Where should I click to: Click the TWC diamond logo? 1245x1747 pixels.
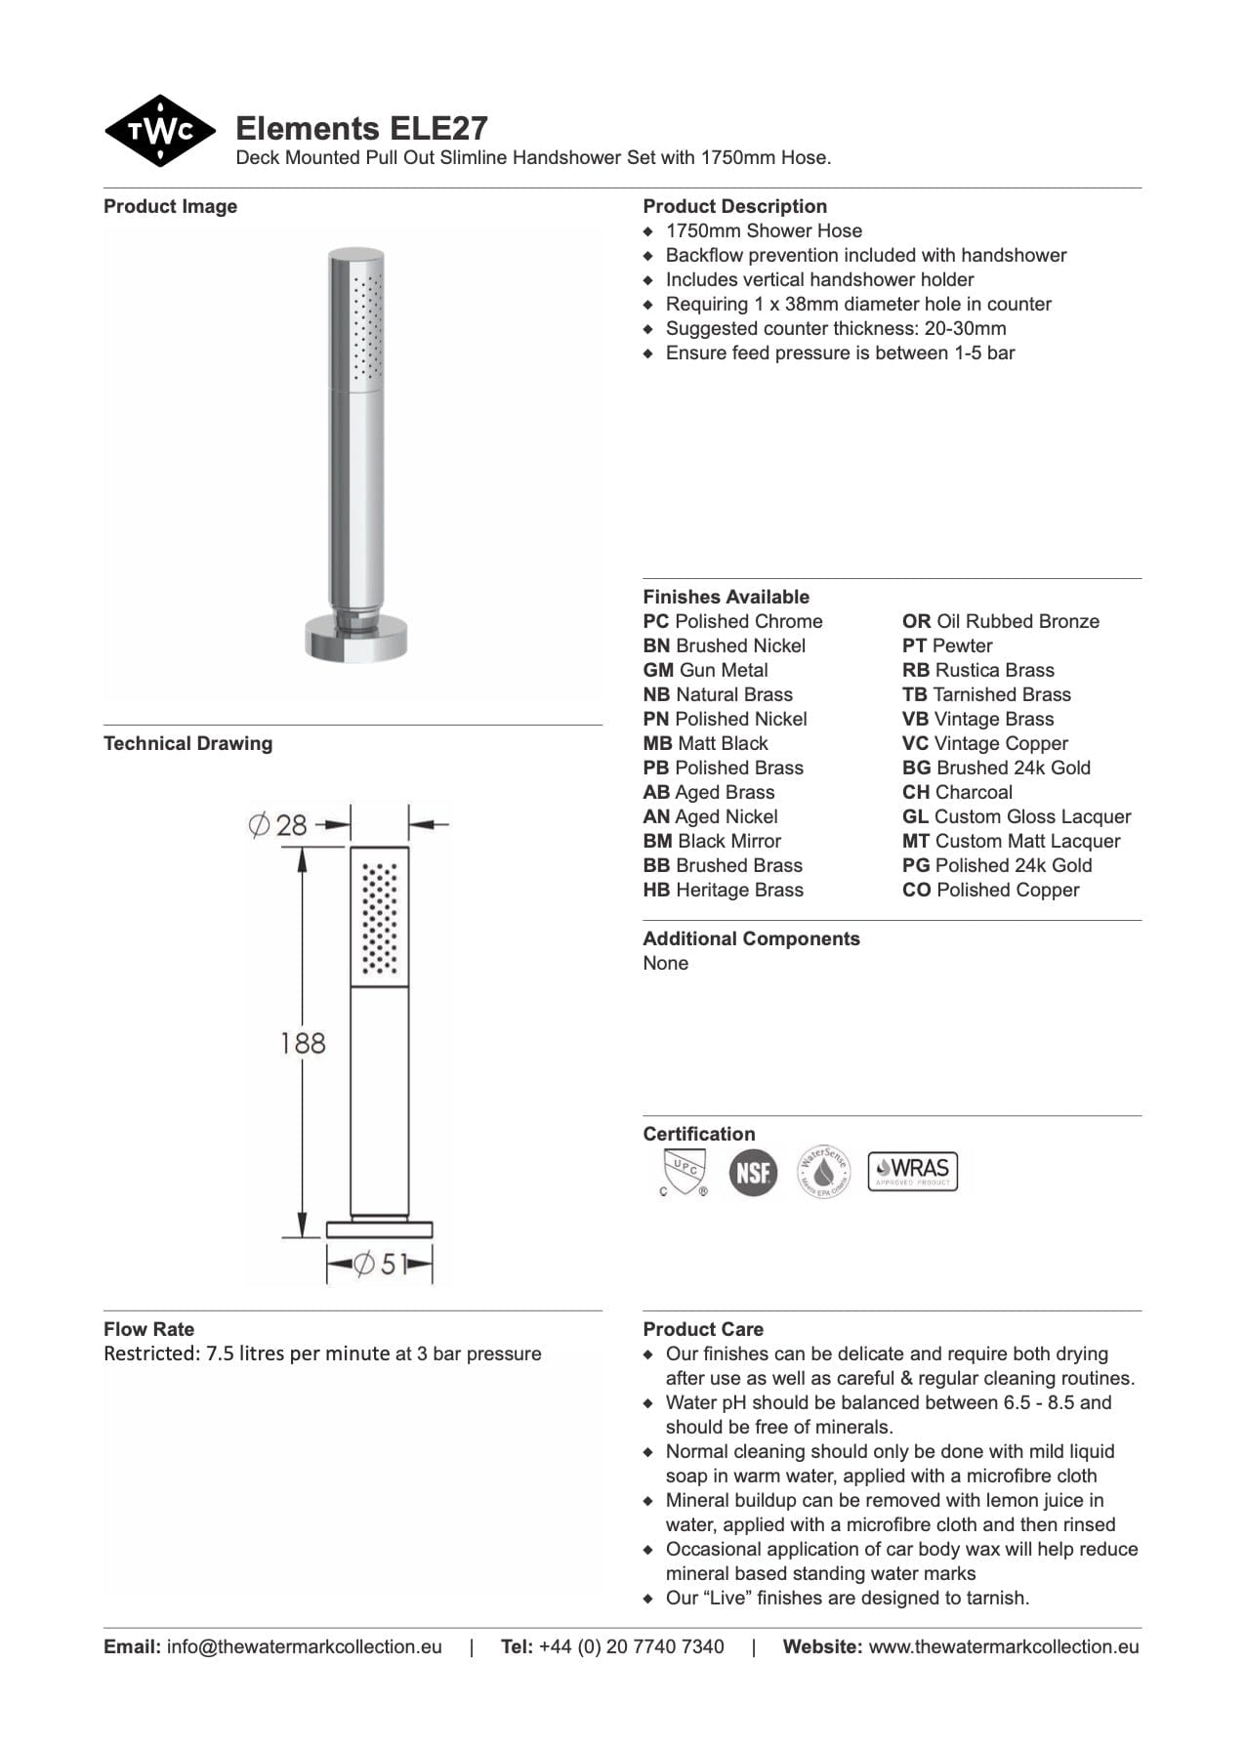pyautogui.click(x=159, y=131)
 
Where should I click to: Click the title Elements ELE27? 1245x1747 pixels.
pyautogui.click(x=361, y=129)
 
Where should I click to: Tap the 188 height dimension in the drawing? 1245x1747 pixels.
pyautogui.click(x=303, y=1043)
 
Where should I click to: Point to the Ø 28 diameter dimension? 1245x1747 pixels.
pyautogui.click(x=278, y=825)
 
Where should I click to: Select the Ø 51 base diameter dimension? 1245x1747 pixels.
pyautogui.click(x=379, y=1265)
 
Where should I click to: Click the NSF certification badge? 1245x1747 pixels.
pyautogui.click(x=753, y=1172)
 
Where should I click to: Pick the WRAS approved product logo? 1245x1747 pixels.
pyautogui.click(x=912, y=1170)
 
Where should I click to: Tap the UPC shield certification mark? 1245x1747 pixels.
pyautogui.click(x=683, y=1172)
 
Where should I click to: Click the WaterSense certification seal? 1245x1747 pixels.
pyautogui.click(x=824, y=1171)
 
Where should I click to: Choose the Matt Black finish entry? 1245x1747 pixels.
pyautogui.click(x=705, y=743)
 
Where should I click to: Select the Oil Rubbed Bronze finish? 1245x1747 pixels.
pyautogui.click(x=1000, y=621)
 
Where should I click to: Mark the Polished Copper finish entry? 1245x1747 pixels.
pyautogui.click(x=990, y=890)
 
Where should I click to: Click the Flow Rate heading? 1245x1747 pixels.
pyautogui.click(x=148, y=1329)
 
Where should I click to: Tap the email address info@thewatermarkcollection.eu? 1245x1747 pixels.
pyautogui.click(x=304, y=1646)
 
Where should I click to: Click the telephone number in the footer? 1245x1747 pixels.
pyautogui.click(x=631, y=1646)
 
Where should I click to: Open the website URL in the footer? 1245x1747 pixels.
pyautogui.click(x=1003, y=1646)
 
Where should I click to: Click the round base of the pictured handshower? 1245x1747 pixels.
pyautogui.click(x=355, y=640)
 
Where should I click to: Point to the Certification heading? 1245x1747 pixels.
pyautogui.click(x=698, y=1134)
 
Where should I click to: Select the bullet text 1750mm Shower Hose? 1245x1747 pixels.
pyautogui.click(x=764, y=230)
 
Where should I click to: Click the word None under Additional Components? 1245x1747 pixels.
pyautogui.click(x=665, y=963)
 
